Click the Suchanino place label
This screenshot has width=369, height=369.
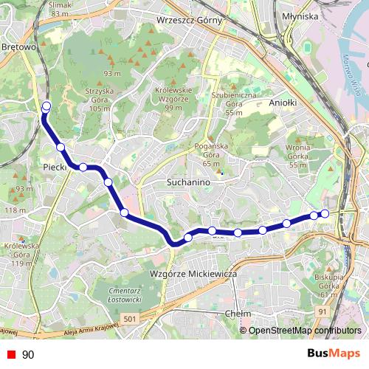190,182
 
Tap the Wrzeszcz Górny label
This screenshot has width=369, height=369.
190,21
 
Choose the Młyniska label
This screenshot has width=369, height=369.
300,15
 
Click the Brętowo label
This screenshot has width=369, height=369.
20,47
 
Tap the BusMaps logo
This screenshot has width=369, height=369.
334,354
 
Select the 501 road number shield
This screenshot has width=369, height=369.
131,318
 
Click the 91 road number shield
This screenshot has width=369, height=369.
322,312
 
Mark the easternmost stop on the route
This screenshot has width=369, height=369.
324,214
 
